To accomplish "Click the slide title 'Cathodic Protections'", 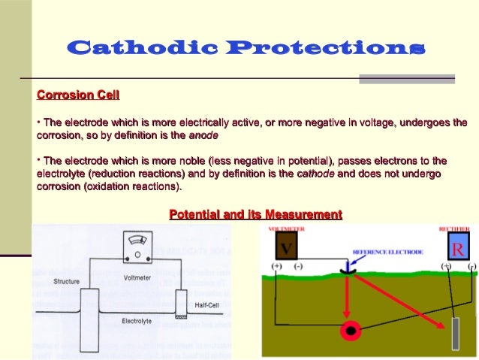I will (246, 49).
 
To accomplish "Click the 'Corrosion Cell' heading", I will (78, 95).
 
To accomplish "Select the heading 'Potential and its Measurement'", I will (255, 215).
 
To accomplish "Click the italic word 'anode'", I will (203, 137).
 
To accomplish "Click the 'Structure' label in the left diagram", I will (67, 283).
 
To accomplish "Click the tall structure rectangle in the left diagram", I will (90, 310).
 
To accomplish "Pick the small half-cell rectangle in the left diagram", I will (179, 303).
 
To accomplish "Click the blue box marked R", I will (458, 247).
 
